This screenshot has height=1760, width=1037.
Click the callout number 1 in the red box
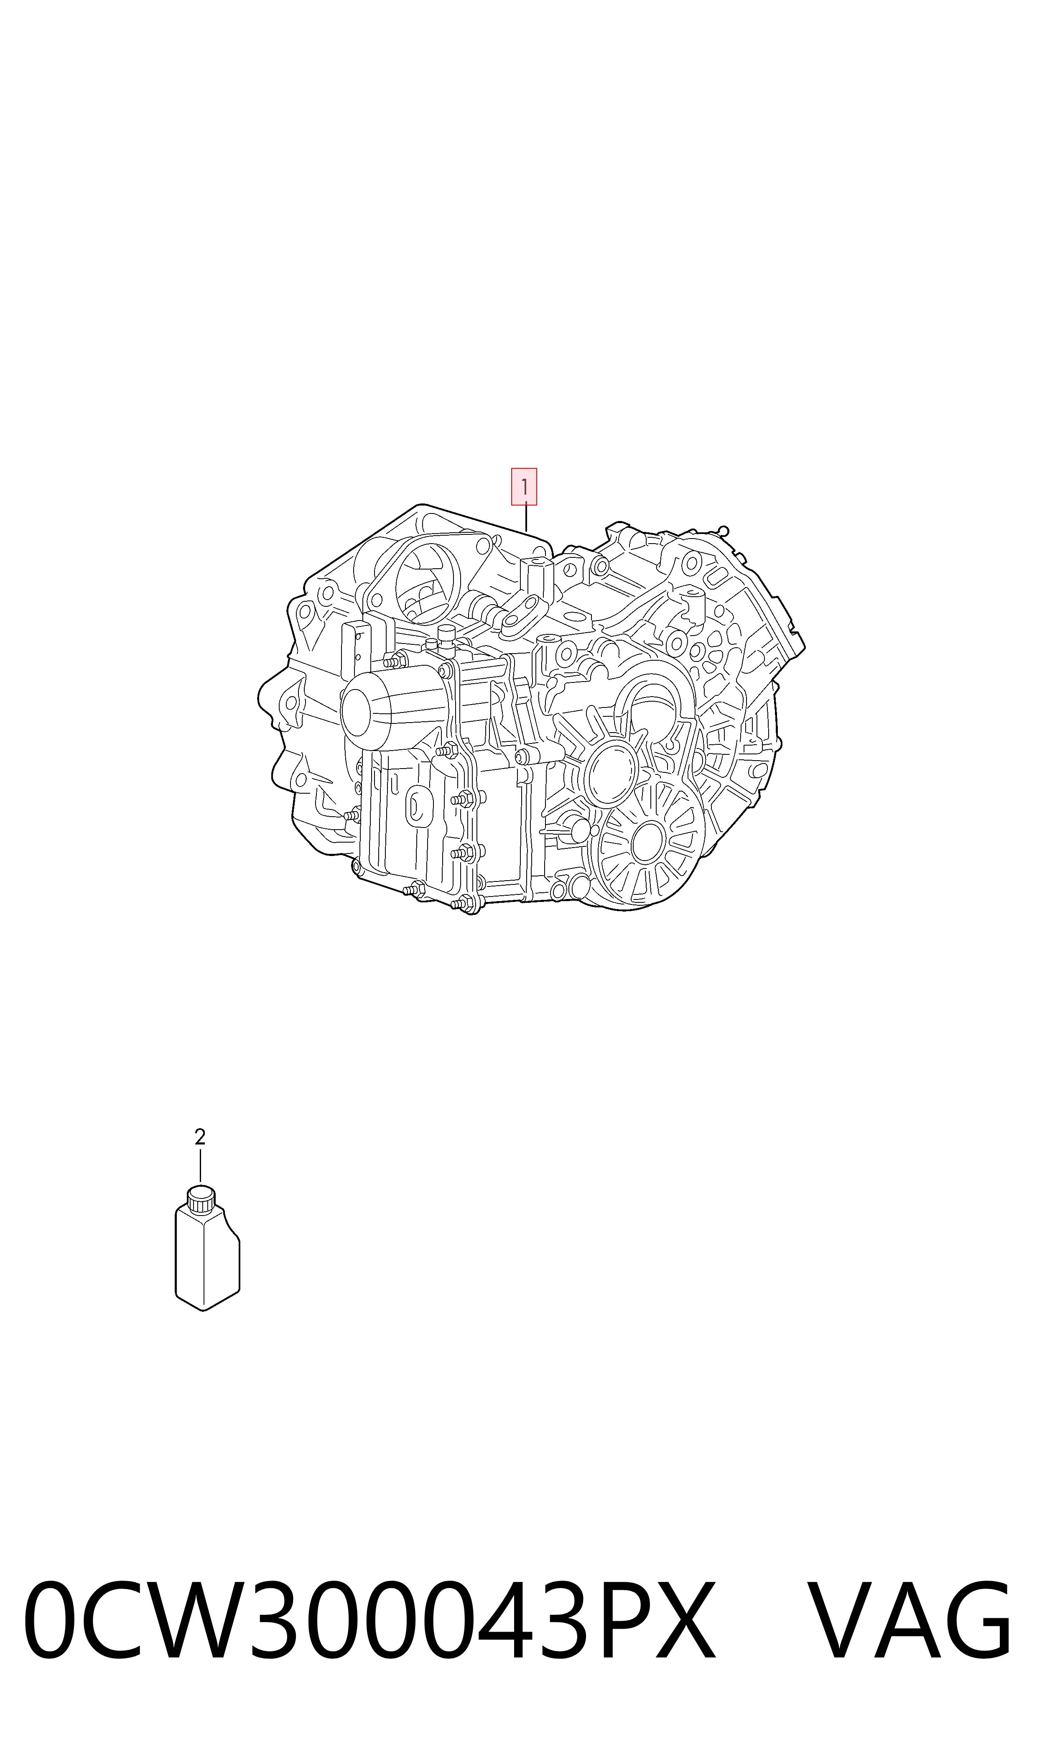coord(524,486)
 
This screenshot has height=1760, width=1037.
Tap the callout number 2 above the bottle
coord(200,1137)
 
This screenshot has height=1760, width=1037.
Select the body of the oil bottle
coord(207,1259)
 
